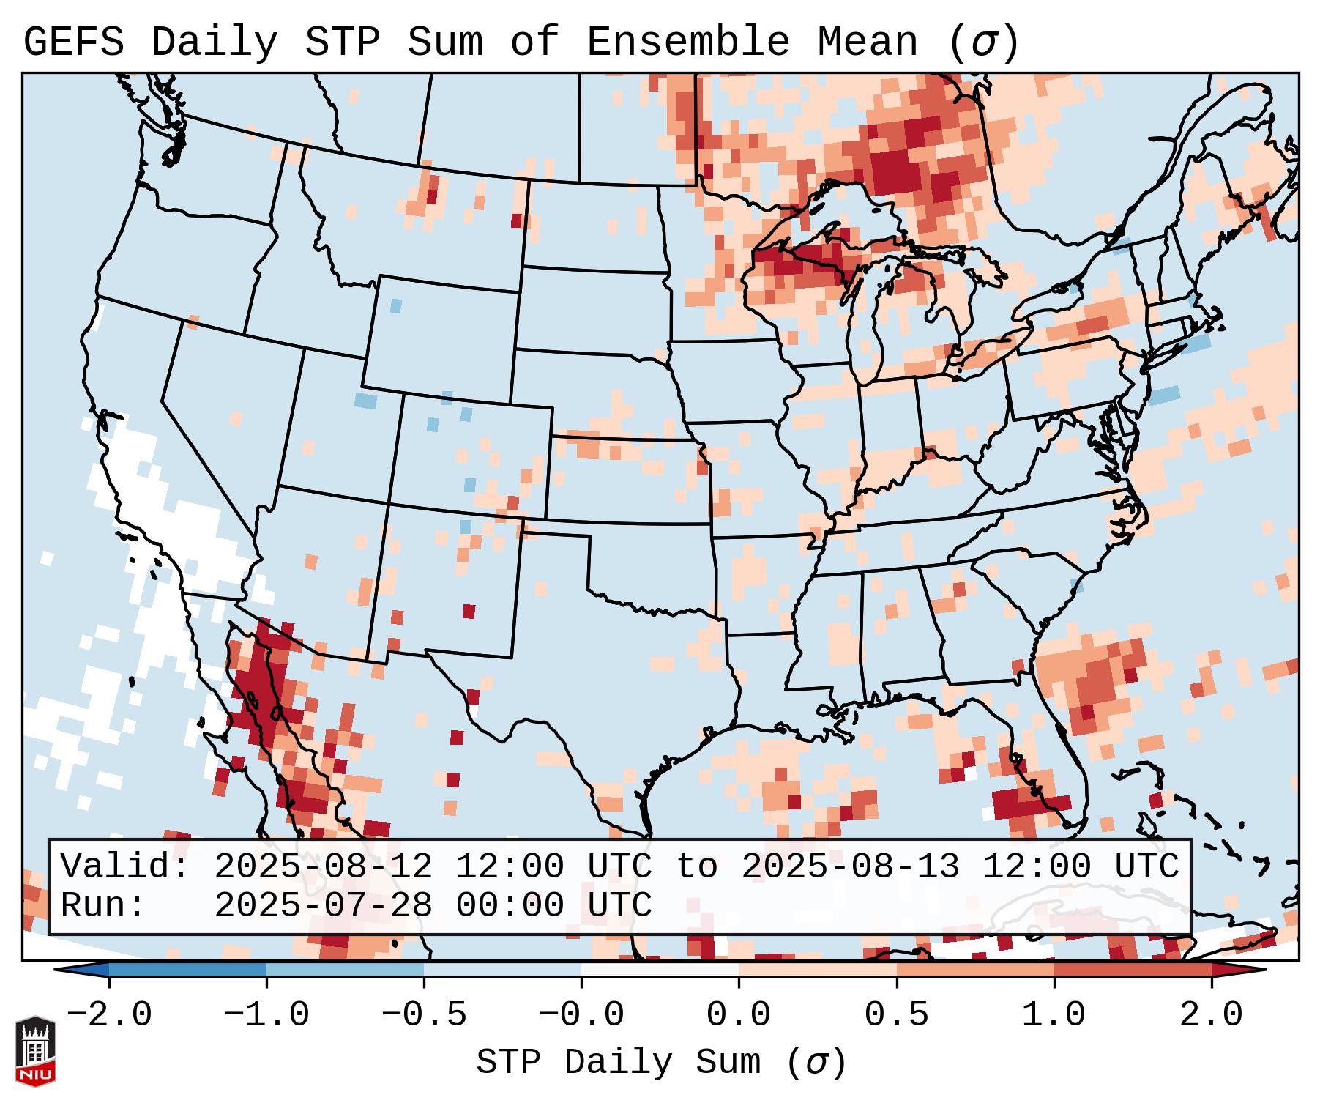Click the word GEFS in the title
coord(73,42)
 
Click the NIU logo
coord(35,1052)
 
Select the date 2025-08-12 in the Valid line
coord(322,867)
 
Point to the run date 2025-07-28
coord(322,906)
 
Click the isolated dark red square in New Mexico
coord(469,611)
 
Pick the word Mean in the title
coord(868,42)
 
